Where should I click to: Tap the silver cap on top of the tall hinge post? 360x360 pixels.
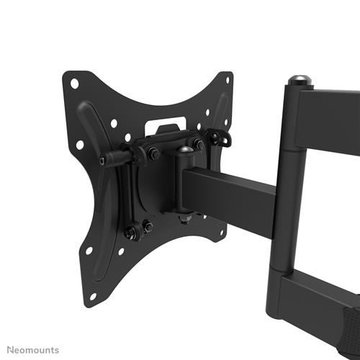tap(296, 79)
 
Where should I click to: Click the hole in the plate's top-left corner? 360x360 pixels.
tap(74, 84)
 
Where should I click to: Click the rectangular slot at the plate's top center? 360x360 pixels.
tap(164, 127)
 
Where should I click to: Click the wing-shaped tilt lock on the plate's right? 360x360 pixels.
tap(217, 137)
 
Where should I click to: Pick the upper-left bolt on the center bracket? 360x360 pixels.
tap(153, 153)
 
